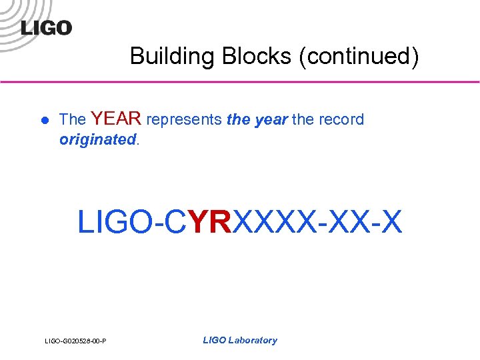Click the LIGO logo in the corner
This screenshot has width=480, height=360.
45,27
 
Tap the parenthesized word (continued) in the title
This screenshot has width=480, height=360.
359,56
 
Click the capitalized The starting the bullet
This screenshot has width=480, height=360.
72,120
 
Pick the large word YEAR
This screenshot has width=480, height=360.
116,119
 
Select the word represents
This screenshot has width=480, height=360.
184,120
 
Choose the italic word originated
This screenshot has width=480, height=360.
97,139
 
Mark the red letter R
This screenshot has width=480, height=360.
221,222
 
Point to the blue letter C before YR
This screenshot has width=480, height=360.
175,222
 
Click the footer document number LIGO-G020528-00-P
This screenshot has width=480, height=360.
76,342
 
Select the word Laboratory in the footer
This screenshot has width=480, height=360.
253,340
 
